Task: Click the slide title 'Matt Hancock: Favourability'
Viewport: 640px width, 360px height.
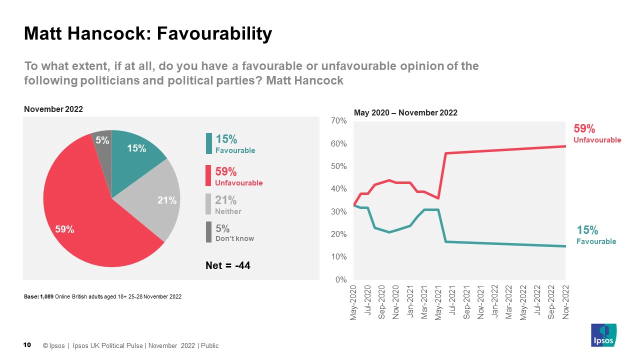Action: point(148,34)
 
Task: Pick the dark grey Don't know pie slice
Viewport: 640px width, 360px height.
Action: point(102,140)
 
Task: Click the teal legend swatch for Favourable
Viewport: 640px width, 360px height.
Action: point(208,143)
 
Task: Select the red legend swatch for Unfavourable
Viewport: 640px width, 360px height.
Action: point(208,176)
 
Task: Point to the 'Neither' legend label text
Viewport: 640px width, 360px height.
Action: point(228,211)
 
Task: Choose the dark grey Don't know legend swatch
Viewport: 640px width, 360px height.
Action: point(208,232)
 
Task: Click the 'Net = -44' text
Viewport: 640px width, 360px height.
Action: point(227,265)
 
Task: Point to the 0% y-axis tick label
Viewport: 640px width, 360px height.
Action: point(341,280)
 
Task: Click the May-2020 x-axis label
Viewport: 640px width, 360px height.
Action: point(353,303)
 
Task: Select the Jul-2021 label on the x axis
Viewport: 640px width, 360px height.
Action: point(452,303)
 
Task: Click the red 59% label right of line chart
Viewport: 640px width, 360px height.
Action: point(584,129)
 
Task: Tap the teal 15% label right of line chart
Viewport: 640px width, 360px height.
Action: point(587,230)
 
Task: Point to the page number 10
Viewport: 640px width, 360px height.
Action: point(27,345)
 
